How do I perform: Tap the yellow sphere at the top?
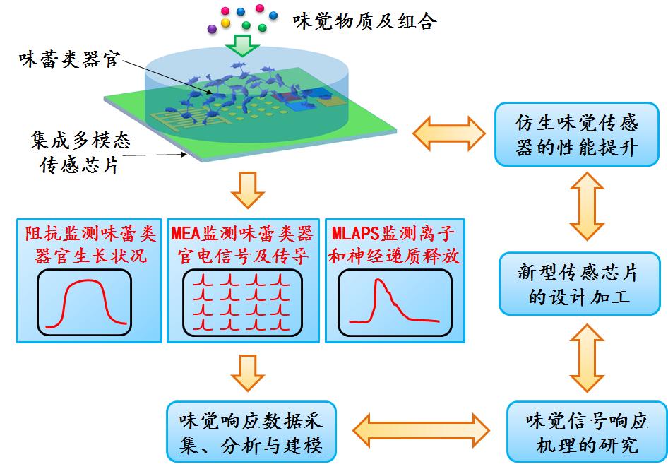tap(226, 23)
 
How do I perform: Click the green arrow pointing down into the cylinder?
tap(242, 46)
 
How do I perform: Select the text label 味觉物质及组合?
tap(364, 21)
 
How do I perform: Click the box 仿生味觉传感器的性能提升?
tap(577, 135)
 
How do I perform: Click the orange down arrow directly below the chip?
tap(246, 190)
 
